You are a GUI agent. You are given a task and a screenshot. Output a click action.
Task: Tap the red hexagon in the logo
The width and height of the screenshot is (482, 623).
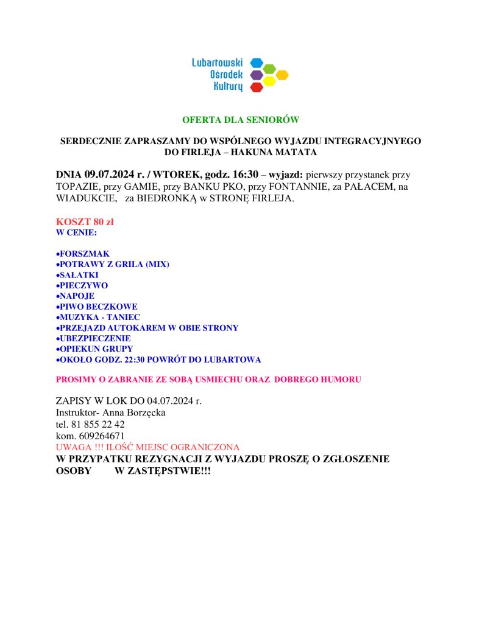click(x=257, y=87)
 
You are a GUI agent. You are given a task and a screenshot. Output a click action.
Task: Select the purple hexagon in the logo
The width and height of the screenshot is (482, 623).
click(x=257, y=75)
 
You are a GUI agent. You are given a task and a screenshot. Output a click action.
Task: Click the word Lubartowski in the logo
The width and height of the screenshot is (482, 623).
click(x=218, y=63)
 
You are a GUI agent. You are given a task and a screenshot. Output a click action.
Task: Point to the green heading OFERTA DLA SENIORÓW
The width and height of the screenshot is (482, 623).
click(x=241, y=120)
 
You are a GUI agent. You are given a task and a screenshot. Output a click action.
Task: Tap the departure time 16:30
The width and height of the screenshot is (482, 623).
click(x=246, y=174)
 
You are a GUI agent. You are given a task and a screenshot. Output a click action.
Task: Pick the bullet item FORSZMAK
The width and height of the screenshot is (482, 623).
click(x=84, y=253)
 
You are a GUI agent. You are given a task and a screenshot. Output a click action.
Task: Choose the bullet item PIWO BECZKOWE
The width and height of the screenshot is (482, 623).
click(x=98, y=307)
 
